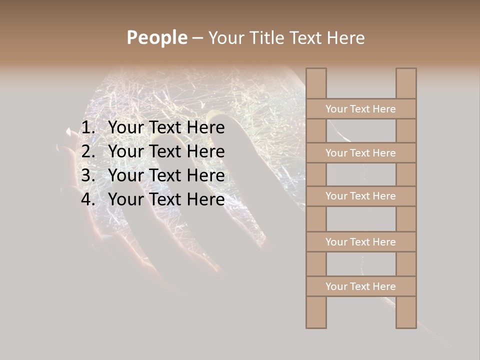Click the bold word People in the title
[x=156, y=37]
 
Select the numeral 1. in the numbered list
[x=88, y=128]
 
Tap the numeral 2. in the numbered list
[x=88, y=151]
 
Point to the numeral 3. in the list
[x=88, y=175]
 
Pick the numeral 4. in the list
[x=88, y=199]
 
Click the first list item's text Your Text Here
[x=166, y=128]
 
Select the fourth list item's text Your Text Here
[x=166, y=199]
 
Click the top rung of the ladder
[x=360, y=109]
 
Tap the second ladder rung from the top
[x=360, y=153]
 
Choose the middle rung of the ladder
[x=360, y=196]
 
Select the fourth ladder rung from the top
[x=360, y=242]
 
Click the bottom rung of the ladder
[x=360, y=286]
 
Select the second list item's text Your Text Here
[x=166, y=151]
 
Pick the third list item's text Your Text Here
[x=166, y=175]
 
